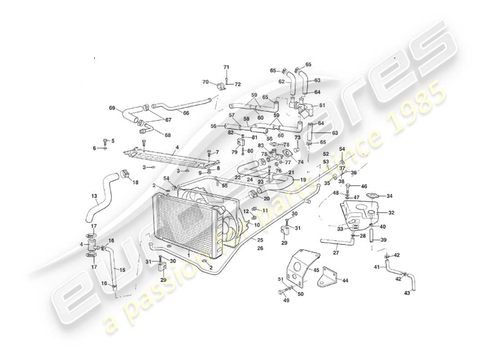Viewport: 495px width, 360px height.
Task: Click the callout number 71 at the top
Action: (226, 67)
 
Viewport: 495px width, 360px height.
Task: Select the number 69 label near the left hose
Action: (112, 108)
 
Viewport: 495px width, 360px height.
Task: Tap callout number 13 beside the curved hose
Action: (94, 196)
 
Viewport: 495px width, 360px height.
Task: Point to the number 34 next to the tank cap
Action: (390, 196)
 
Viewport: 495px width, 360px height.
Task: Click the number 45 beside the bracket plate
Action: (316, 270)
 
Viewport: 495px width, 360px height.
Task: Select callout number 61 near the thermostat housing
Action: (322, 105)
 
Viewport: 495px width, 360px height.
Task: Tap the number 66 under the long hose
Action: (186, 113)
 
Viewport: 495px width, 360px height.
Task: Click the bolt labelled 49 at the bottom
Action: (281, 293)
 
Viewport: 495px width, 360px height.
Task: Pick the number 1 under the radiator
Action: (189, 255)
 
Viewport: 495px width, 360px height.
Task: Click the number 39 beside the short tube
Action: (383, 240)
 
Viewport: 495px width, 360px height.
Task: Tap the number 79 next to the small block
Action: (234, 152)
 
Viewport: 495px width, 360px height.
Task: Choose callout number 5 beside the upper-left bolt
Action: (112, 141)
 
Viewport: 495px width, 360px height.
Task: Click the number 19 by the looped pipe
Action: (303, 180)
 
